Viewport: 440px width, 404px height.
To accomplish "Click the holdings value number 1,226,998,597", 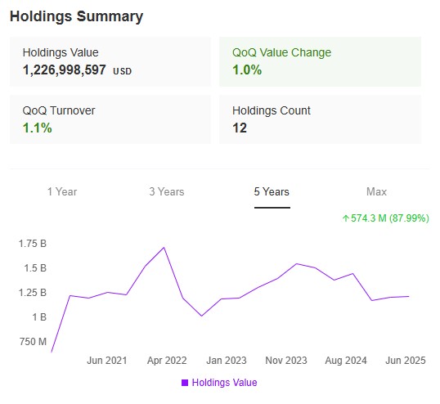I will click(x=65, y=70).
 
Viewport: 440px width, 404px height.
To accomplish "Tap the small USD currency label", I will click(x=122, y=71).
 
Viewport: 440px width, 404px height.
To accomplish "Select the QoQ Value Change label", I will click(x=281, y=52).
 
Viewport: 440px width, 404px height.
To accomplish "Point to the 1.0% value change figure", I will click(x=247, y=70).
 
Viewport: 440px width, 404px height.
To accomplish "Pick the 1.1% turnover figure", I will click(x=37, y=128).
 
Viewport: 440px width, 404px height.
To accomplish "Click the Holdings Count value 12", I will click(x=240, y=128).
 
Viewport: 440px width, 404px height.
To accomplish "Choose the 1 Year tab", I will click(x=62, y=191).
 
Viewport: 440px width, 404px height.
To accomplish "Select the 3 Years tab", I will click(x=167, y=191).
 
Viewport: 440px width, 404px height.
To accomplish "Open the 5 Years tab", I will click(x=272, y=191).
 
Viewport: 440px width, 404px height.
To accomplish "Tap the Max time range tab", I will click(x=376, y=191).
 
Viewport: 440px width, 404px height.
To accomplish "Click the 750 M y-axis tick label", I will click(x=32, y=341).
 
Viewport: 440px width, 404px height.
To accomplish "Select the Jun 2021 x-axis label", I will click(x=106, y=361).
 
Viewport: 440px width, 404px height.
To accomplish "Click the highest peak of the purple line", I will click(x=164, y=247).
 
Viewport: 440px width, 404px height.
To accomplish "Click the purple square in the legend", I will click(x=185, y=383).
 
